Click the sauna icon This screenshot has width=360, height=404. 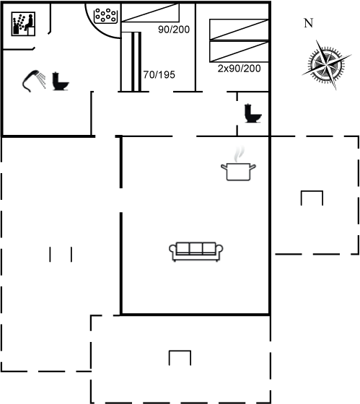click(23, 24)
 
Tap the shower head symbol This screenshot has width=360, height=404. click(32, 79)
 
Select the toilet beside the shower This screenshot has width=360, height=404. click(61, 81)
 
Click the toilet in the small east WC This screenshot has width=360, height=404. click(253, 113)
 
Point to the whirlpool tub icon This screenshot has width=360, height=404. click(106, 16)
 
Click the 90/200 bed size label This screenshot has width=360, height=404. click(174, 30)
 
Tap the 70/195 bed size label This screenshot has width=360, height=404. click(159, 75)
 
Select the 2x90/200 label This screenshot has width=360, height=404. click(239, 69)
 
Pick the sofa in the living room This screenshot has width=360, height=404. click(196, 252)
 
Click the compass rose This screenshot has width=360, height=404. click(327, 64)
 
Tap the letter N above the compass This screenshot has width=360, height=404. click(309, 23)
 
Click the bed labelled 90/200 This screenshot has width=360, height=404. click(150, 13)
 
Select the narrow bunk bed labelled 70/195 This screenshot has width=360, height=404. click(131, 62)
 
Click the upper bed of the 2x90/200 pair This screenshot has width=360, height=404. click(239, 30)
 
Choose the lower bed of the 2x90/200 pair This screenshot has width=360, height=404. click(239, 51)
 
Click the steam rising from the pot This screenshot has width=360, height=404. click(239, 154)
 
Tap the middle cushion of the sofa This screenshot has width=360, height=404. click(196, 248)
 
